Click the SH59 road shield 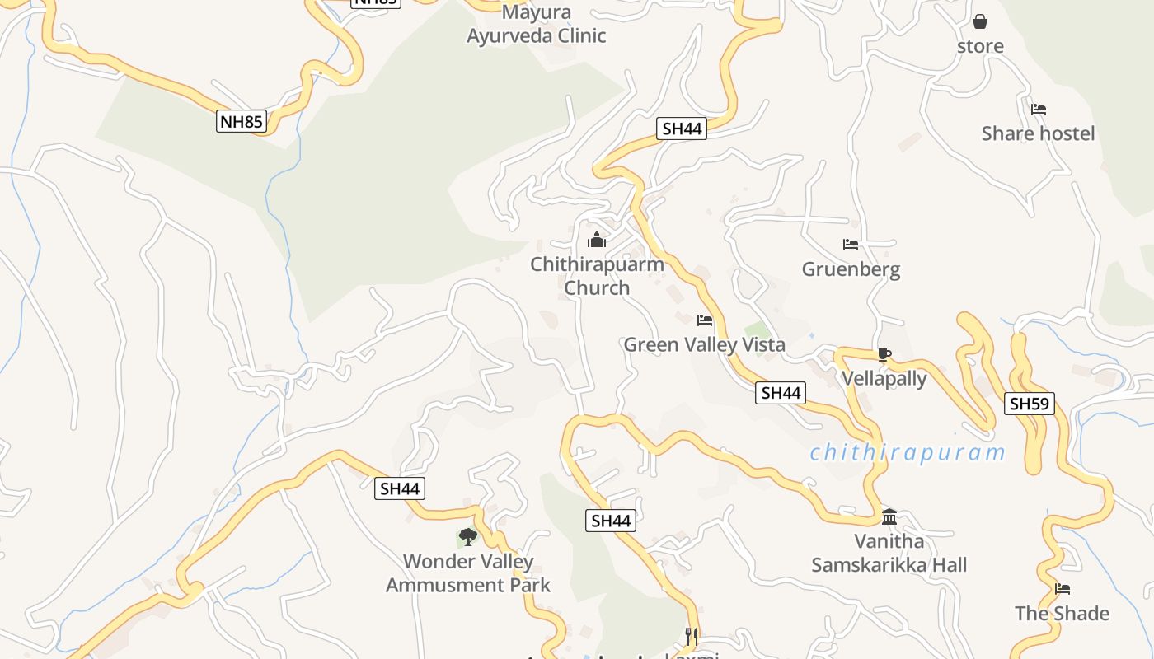(x=1030, y=404)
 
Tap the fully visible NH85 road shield (x=242, y=122)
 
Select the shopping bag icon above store (x=980, y=21)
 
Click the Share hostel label (x=1038, y=133)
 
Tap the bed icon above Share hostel (x=1039, y=109)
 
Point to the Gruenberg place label (x=851, y=269)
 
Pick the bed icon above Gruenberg (x=851, y=245)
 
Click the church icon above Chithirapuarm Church (x=596, y=241)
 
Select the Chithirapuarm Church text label (x=597, y=276)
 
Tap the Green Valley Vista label (x=704, y=344)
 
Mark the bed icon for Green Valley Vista (x=705, y=320)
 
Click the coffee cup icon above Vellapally (x=884, y=355)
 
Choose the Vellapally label (x=884, y=379)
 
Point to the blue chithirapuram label (x=908, y=452)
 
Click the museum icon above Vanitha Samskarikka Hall (x=889, y=517)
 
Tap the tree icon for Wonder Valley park (x=468, y=538)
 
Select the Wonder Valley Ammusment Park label (x=468, y=573)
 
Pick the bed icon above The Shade (x=1063, y=589)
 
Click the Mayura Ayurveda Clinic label (x=537, y=25)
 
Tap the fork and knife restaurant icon (x=692, y=636)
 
